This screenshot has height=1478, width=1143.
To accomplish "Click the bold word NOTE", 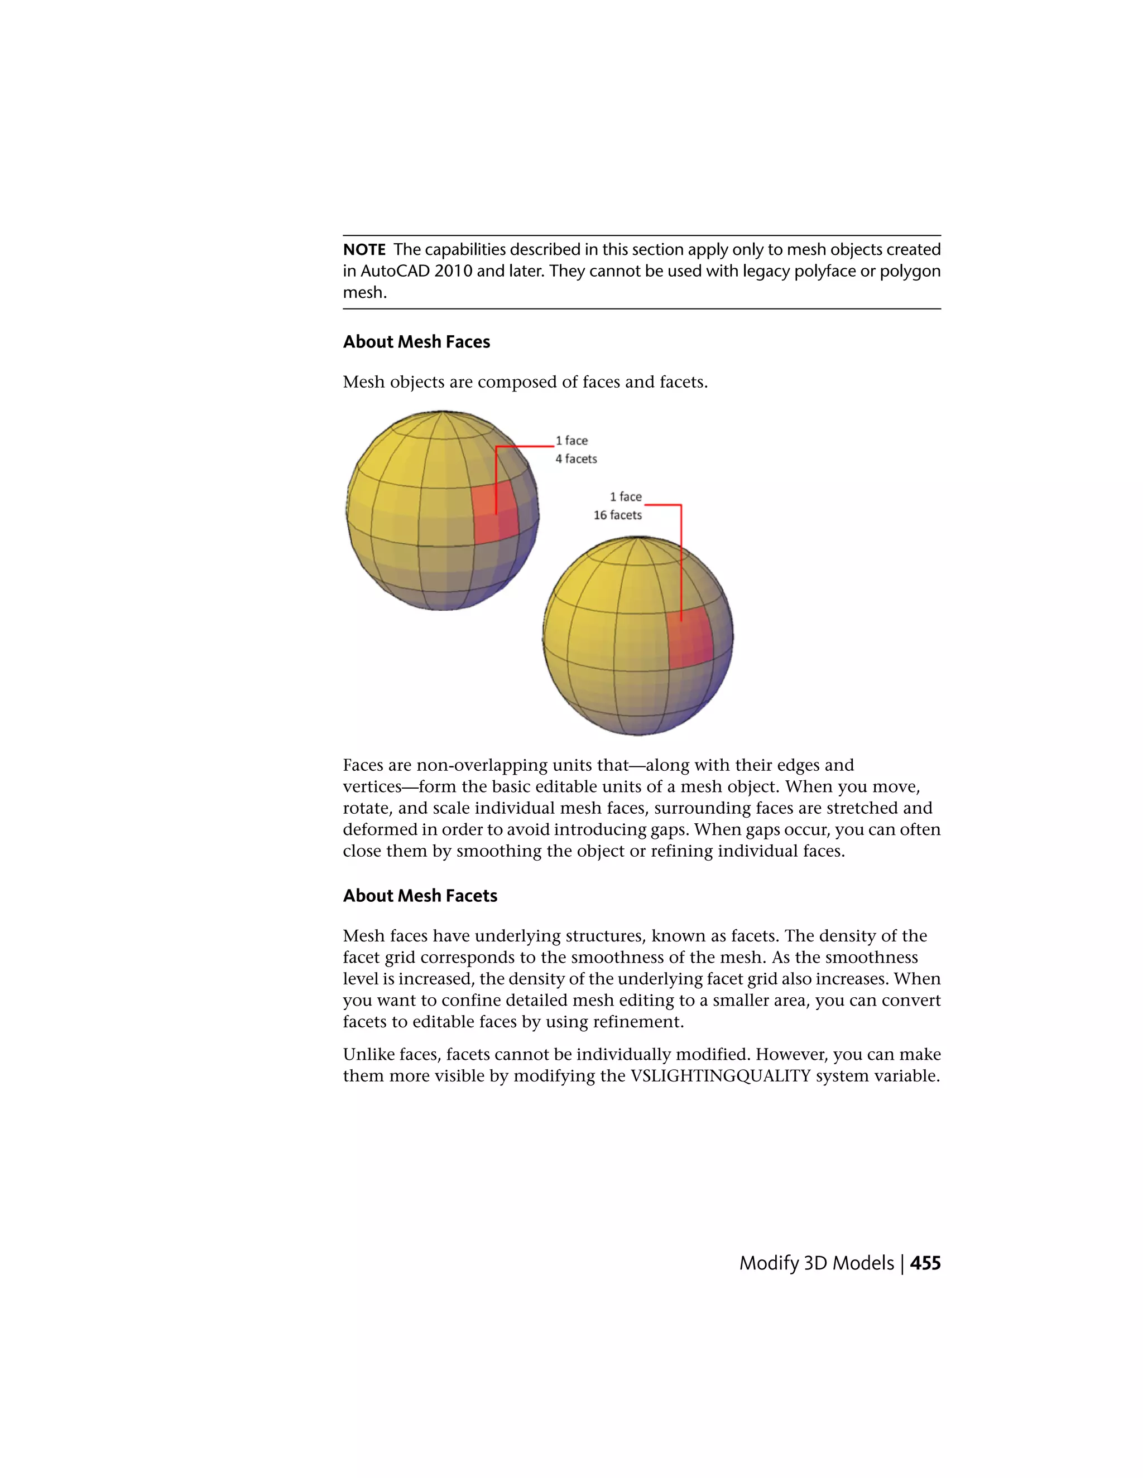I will click(364, 250).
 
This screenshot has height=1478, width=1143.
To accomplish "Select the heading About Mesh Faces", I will click(416, 342).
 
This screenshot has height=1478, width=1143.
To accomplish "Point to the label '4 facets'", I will click(576, 459).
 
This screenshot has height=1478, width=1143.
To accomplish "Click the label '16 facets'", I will click(618, 515).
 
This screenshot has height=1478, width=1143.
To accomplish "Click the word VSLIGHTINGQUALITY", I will click(721, 1075).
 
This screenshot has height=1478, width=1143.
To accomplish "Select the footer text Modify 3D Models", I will click(816, 1263).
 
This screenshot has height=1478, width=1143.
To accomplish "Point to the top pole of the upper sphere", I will click(442, 412).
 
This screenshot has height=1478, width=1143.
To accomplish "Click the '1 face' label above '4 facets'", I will click(571, 441).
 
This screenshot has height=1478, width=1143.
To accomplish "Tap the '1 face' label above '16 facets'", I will click(625, 497).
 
